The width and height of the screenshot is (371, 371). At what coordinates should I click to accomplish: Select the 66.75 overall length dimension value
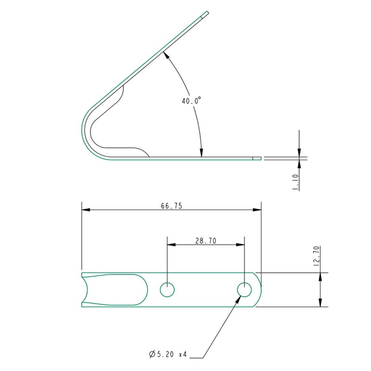pyautogui.click(x=172, y=206)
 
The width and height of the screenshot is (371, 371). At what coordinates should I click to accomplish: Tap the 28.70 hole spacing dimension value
pyautogui.click(x=205, y=241)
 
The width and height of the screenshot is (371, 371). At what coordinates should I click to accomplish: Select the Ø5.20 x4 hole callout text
pyautogui.click(x=168, y=354)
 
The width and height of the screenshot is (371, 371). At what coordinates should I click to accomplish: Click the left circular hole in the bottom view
pyautogui.click(x=167, y=290)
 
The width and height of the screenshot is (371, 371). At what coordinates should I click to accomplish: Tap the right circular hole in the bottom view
pyautogui.click(x=244, y=290)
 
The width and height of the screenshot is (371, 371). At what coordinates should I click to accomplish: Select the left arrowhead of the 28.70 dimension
pyautogui.click(x=171, y=244)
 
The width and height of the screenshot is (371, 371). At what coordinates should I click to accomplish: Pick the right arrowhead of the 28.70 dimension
pyautogui.click(x=241, y=244)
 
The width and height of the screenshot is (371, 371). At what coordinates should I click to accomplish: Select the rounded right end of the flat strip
pyautogui.click(x=258, y=290)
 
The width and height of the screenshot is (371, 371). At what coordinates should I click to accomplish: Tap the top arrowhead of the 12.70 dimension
pyautogui.click(x=320, y=276)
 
